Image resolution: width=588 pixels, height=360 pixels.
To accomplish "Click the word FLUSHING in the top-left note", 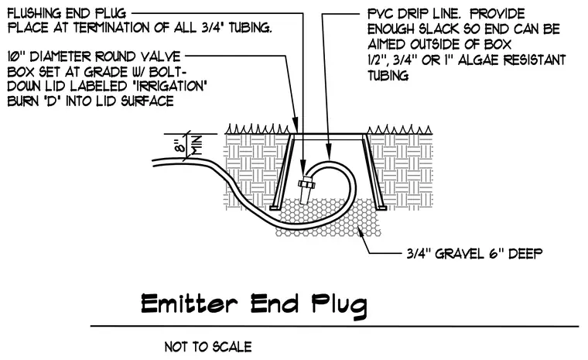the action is pyautogui.click(x=34, y=14).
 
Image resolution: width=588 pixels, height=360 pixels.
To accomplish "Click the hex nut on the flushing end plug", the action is pyautogui.click(x=306, y=184).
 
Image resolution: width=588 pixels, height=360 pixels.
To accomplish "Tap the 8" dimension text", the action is pyautogui.click(x=181, y=143).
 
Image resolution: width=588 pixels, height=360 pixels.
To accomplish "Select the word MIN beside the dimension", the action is pyautogui.click(x=197, y=146).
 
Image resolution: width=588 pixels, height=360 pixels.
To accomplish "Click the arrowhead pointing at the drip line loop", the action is pyautogui.click(x=329, y=154).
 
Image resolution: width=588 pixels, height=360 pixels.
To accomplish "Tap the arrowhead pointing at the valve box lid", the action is pyautogui.click(x=295, y=125).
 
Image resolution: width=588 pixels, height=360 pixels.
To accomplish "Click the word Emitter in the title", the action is pyautogui.click(x=189, y=303).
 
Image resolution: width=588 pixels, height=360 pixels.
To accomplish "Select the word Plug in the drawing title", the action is pyautogui.click(x=340, y=305).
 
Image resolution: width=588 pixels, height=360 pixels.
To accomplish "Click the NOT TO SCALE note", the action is pyautogui.click(x=208, y=347).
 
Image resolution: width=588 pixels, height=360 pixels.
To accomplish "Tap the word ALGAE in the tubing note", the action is pyautogui.click(x=478, y=60).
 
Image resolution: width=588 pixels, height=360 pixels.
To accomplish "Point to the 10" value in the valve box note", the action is pyautogui.click(x=16, y=57).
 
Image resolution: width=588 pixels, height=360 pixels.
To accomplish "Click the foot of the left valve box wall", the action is pyautogui.click(x=274, y=207).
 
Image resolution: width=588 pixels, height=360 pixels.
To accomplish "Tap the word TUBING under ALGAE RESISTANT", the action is pyautogui.click(x=388, y=76).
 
